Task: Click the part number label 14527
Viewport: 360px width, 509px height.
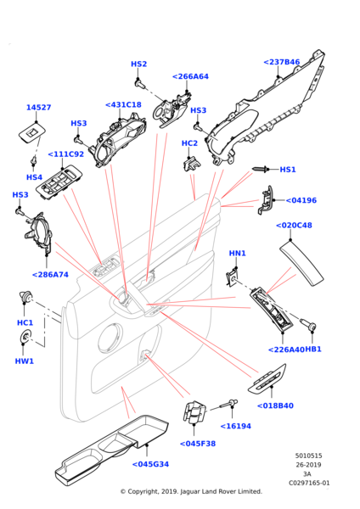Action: [x=38, y=108]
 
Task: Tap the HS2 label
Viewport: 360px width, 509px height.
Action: [x=138, y=64]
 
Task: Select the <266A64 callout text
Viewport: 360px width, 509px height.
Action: [x=190, y=76]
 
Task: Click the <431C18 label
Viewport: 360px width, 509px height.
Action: [x=123, y=105]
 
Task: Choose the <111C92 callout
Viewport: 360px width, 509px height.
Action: [x=65, y=154]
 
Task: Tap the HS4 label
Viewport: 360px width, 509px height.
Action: [x=34, y=177]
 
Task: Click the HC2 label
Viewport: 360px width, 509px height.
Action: [x=189, y=143]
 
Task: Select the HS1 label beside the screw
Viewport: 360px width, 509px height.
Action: [x=288, y=170]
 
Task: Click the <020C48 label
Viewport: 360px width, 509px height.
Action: [x=294, y=226]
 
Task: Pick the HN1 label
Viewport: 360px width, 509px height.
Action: [x=237, y=254]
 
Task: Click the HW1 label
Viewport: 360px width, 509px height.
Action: [x=25, y=361]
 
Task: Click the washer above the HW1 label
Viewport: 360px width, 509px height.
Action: [x=25, y=340]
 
